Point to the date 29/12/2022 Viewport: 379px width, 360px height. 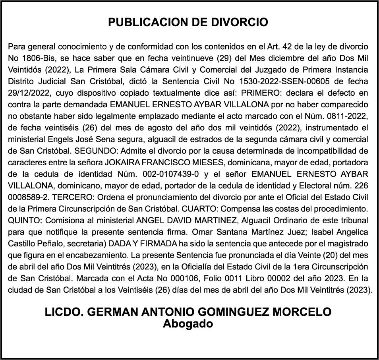(x=27, y=93)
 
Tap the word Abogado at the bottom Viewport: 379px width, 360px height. (x=188, y=323)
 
